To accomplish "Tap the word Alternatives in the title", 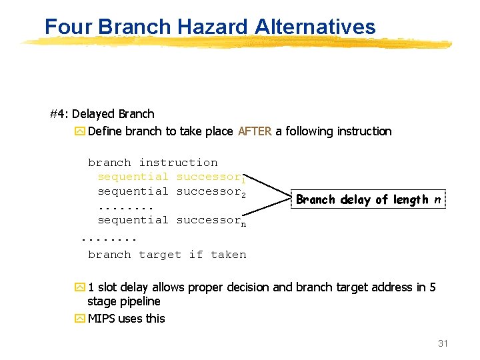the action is [315, 27].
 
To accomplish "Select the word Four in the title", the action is [69, 27].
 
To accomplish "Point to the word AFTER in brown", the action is [255, 131].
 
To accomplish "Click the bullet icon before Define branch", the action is [80, 131].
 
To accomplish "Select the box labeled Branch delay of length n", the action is [368, 199].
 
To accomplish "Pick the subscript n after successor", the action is [243, 223].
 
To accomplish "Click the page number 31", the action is [443, 344].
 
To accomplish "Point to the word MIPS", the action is [101, 319].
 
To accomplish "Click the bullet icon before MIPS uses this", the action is [80, 319].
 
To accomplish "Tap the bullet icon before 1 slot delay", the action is [80, 287].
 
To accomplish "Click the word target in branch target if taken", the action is [160, 255].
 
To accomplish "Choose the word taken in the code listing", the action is [229, 255].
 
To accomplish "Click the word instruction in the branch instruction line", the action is [178, 163].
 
